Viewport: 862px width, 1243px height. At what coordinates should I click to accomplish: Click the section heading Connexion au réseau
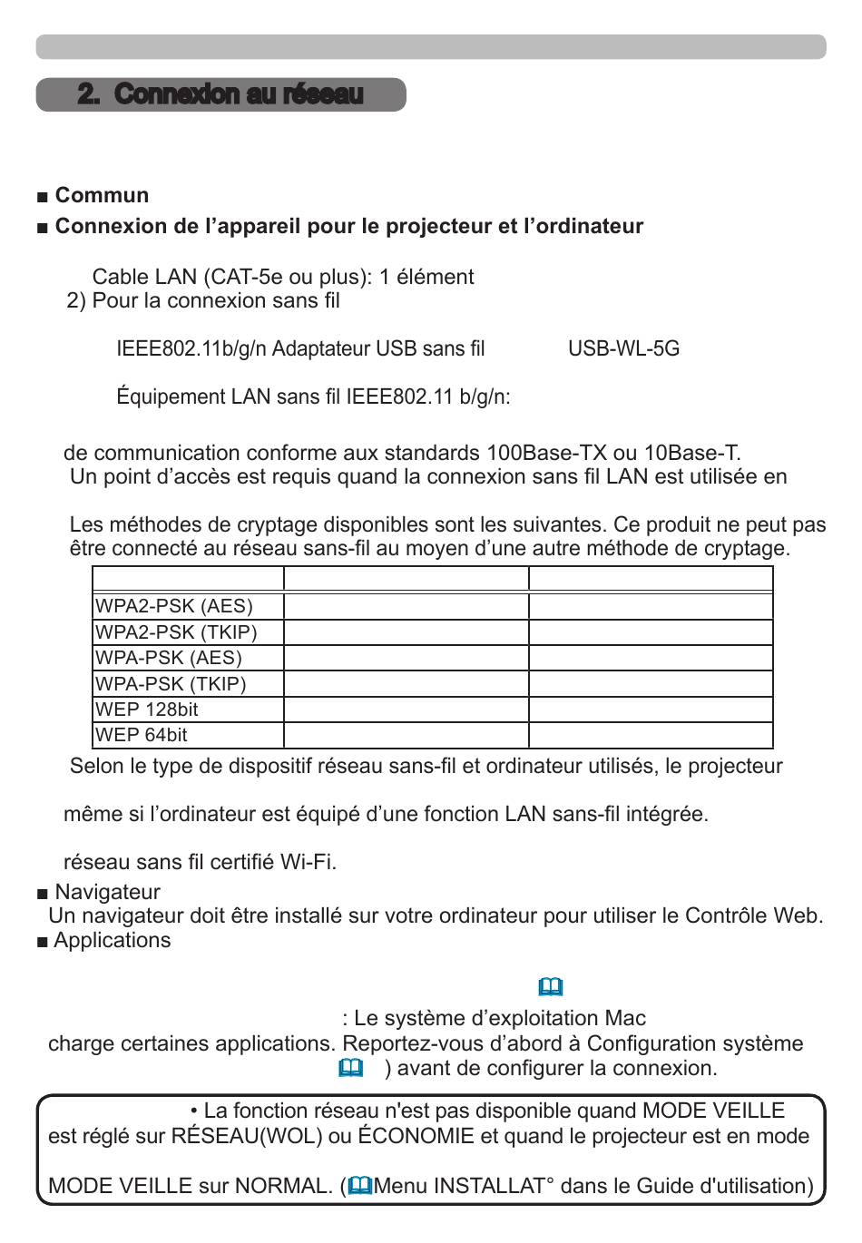tap(220, 94)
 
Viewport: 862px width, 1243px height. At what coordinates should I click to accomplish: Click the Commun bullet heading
tap(102, 195)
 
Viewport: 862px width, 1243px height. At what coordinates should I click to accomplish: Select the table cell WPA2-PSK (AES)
tap(174, 606)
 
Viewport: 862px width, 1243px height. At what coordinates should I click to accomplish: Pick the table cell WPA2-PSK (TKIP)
tap(176, 632)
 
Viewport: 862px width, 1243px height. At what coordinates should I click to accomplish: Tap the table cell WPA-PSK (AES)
tap(169, 658)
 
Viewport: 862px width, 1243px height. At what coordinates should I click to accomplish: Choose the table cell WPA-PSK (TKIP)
tap(171, 684)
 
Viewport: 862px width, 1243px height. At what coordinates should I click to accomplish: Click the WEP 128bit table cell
tap(147, 710)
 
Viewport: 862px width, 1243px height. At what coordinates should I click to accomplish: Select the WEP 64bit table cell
tap(142, 735)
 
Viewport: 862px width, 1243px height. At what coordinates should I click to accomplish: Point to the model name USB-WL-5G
tap(623, 349)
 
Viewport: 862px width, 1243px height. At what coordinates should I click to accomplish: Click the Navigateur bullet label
tap(107, 892)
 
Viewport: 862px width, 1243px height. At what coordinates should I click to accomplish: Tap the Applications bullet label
tap(112, 940)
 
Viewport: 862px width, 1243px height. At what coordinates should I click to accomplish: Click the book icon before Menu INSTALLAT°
tap(360, 1186)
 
